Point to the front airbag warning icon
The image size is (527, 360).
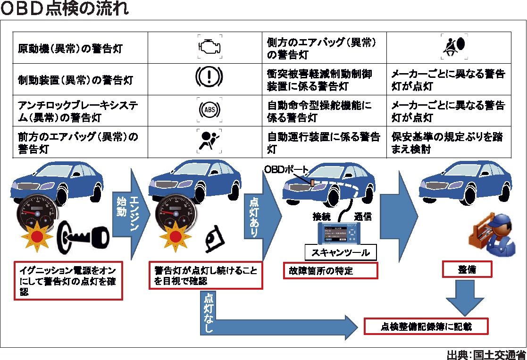(x=209, y=141)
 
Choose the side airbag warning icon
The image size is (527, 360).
(x=453, y=46)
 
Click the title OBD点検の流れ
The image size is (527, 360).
(x=65, y=9)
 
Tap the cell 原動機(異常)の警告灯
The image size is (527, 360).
(x=71, y=49)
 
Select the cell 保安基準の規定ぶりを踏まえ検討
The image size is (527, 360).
(x=448, y=143)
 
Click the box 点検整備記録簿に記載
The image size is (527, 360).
(x=426, y=326)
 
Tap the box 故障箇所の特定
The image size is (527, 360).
(x=330, y=271)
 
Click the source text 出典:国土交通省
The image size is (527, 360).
(x=485, y=354)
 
